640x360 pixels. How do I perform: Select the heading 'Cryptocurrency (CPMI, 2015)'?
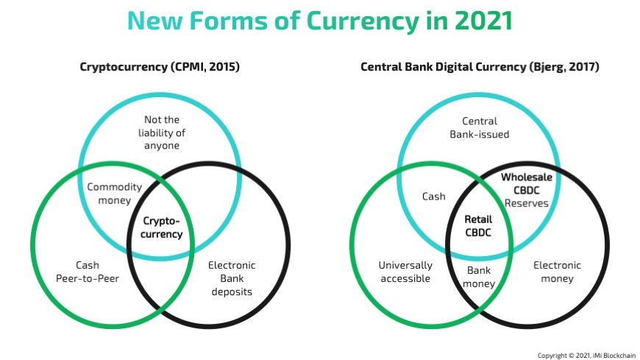[160, 67]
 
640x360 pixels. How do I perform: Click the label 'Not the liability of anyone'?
[162, 133]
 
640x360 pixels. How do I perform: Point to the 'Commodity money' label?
[114, 194]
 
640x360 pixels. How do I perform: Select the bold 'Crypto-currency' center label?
[162, 227]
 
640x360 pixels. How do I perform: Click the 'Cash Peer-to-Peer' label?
[88, 272]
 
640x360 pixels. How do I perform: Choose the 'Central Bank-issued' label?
[480, 127]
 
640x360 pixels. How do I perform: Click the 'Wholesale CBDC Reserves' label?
[527, 190]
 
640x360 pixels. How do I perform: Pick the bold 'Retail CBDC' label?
[478, 227]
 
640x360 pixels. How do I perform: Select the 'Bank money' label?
[480, 277]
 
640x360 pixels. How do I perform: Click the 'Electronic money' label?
[557, 272]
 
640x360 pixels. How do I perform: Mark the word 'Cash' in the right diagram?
[433, 197]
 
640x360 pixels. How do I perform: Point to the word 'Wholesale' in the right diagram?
[527, 177]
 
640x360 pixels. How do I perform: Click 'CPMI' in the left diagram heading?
[191, 67]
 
